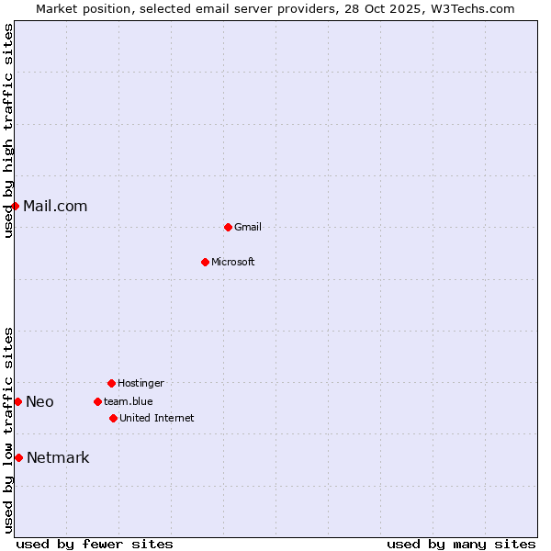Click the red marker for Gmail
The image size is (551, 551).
[228, 227]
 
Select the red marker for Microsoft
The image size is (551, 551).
[205, 262]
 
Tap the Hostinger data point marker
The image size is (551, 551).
[111, 383]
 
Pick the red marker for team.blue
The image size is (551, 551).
[97, 401]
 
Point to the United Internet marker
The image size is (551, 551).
[113, 418]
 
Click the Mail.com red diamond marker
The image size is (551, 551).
[15, 206]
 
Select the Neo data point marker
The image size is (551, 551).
[17, 401]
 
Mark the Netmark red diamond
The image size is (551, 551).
[18, 457]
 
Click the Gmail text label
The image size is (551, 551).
[248, 227]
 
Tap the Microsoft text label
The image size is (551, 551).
[233, 262]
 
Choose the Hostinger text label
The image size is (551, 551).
[141, 383]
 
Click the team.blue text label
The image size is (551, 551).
[129, 401]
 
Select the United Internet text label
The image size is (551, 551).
[157, 418]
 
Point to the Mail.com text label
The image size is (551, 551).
[55, 206]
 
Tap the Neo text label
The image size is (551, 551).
[39, 401]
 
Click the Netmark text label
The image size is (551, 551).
[58, 457]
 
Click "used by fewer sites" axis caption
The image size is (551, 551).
[95, 544]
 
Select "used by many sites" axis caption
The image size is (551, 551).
[461, 544]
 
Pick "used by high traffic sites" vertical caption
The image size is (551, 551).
[8, 130]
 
